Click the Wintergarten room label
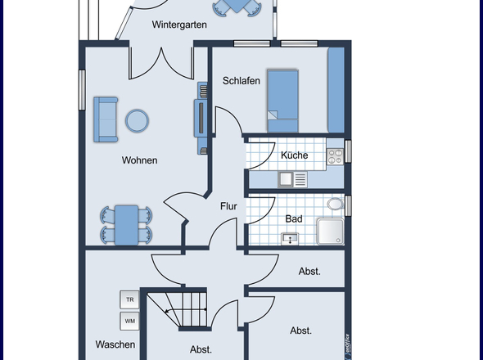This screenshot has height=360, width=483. (179, 25)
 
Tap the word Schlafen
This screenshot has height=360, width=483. (241, 81)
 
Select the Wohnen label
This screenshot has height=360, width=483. (139, 160)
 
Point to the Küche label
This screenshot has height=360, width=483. (294, 155)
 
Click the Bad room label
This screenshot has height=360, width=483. (294, 219)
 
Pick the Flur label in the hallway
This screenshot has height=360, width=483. (228, 206)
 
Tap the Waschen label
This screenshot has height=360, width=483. (115, 344)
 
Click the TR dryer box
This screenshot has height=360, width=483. (129, 299)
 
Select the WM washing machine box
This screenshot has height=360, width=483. (129, 321)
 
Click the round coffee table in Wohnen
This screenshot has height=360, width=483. (137, 121)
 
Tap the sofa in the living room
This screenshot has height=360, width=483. (106, 119)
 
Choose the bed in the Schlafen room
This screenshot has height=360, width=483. (282, 101)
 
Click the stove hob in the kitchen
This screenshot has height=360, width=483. (335, 156)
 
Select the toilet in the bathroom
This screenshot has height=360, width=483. (336, 204)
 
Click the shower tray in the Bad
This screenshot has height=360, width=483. (331, 232)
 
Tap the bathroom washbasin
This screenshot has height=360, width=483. (290, 239)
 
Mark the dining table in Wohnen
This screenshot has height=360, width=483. (127, 225)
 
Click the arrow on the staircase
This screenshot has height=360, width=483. (186, 310)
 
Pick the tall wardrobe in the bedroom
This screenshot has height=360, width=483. (336, 90)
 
